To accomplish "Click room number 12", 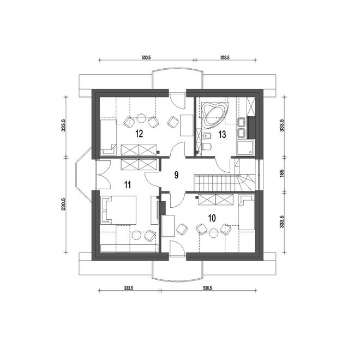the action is coord(139,134).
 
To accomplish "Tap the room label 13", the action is coord(222,135).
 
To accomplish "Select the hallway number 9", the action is coord(176,175).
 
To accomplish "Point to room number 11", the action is coord(128,184).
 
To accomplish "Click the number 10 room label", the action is coord(212,218).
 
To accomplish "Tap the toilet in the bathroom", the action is coord(207,146).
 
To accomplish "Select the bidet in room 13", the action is coord(207,136).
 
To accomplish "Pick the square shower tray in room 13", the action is coord(245,148).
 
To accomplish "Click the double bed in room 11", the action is coord(118,210).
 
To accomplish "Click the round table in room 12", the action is coord(141,118).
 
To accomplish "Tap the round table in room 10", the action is coord(213,233).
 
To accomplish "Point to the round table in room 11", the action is coord(136,235).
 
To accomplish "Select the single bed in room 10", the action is coord(247,212).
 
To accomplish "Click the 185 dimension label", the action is coord(282,173).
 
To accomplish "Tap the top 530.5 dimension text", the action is coord(146,58).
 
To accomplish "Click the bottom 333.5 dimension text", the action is coord(129,288).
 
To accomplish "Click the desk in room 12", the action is coord(187,125).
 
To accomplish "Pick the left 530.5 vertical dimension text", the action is coord(64,204).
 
